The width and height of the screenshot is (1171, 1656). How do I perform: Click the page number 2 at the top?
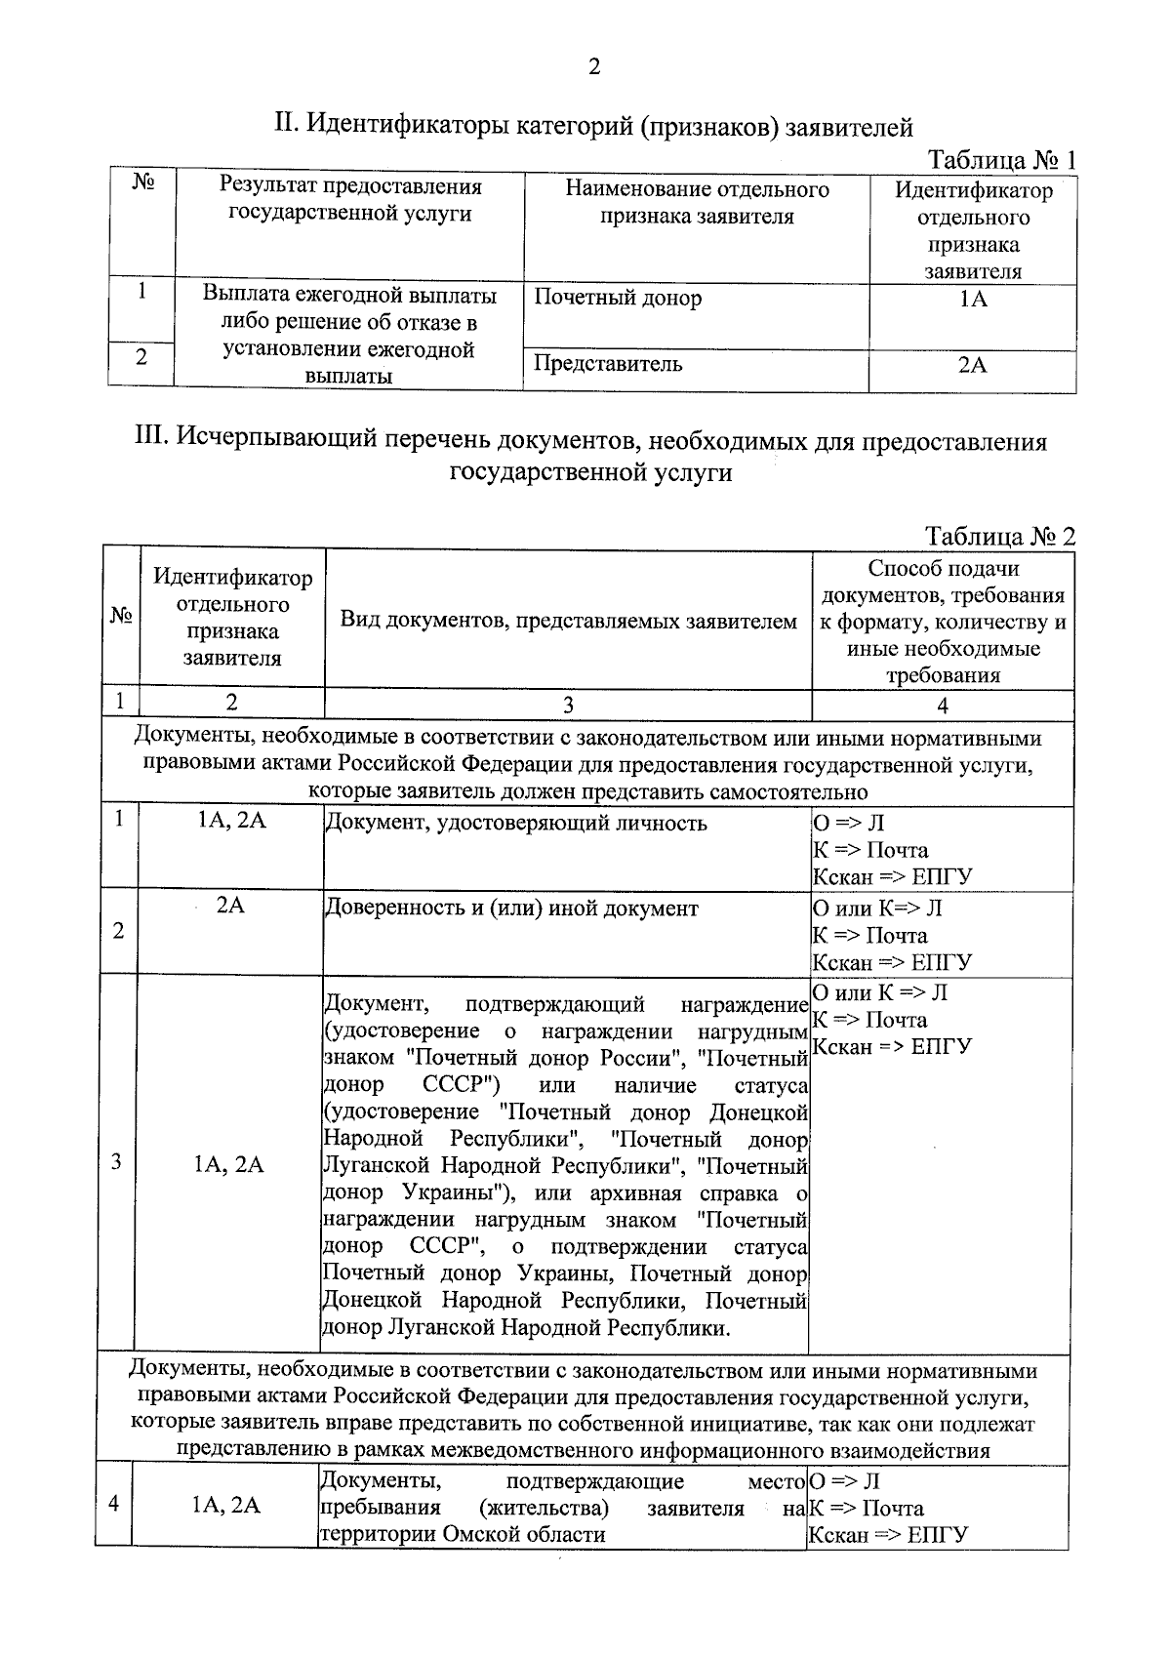[x=594, y=66]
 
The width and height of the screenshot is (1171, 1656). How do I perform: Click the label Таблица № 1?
[x=1001, y=160]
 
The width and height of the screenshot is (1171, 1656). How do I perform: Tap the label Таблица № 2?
[x=1000, y=537]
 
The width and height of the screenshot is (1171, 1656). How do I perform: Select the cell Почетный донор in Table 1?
[x=617, y=299]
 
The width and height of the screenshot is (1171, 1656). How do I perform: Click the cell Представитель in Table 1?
[x=607, y=365]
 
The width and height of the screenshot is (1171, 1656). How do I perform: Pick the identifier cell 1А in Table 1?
[x=972, y=300]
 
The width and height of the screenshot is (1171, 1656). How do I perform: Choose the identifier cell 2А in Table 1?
[x=972, y=366]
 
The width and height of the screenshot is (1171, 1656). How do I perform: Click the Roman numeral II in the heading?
[x=285, y=125]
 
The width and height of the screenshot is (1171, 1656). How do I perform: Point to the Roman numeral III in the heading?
[x=153, y=441]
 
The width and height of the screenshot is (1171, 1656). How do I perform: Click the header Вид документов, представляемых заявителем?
[x=568, y=621]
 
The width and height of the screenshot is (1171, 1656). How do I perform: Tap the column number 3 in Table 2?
[x=568, y=706]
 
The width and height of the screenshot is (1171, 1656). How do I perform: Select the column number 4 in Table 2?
[x=942, y=706]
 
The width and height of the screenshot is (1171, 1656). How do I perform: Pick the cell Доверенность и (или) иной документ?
[x=511, y=909]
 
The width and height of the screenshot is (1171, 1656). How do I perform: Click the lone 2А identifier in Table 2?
[x=230, y=906]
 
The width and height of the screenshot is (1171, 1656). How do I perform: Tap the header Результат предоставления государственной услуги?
[x=349, y=200]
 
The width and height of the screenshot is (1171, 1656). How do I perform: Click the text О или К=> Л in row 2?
[x=876, y=909]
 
